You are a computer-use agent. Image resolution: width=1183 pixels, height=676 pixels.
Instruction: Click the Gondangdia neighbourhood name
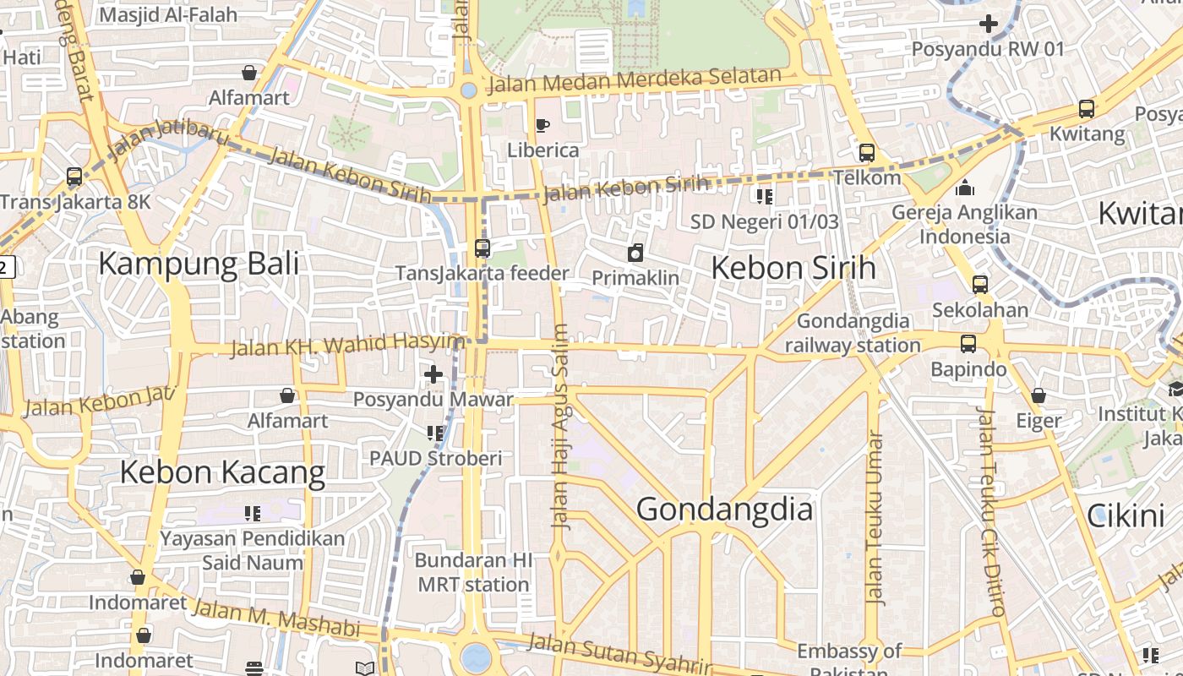[x=724, y=510]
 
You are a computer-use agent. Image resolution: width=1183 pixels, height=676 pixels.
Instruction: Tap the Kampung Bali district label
[x=199, y=264]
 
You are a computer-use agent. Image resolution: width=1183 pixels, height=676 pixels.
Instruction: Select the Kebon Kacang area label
[x=222, y=472]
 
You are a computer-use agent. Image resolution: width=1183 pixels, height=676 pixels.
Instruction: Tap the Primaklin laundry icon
[x=635, y=252]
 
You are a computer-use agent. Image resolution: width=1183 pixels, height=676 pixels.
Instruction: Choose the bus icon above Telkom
[x=867, y=153]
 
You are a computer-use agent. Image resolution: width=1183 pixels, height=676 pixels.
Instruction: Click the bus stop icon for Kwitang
[x=1087, y=109]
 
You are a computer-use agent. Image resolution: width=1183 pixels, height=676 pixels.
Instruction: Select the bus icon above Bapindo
[x=968, y=344]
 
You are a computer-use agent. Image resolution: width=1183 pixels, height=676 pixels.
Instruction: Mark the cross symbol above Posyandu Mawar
[x=433, y=373]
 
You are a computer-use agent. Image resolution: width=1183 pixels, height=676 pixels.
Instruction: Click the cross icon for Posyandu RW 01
[x=988, y=24]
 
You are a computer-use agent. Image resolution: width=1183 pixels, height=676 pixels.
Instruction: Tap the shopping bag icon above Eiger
[x=1039, y=395]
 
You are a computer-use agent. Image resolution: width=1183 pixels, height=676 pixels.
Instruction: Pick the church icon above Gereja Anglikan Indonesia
[x=964, y=188]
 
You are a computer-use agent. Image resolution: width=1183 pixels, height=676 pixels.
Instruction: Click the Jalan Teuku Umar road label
[x=875, y=518]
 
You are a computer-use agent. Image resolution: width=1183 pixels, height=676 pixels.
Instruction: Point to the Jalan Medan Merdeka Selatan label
[x=635, y=80]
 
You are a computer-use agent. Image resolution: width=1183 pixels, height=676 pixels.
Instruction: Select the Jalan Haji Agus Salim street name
[x=559, y=426]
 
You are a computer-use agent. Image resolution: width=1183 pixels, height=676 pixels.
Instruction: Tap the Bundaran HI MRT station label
[x=473, y=572]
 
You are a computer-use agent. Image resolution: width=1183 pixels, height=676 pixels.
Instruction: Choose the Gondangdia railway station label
[x=853, y=333]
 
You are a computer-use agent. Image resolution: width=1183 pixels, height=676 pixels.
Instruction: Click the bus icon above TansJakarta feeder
[x=482, y=248]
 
